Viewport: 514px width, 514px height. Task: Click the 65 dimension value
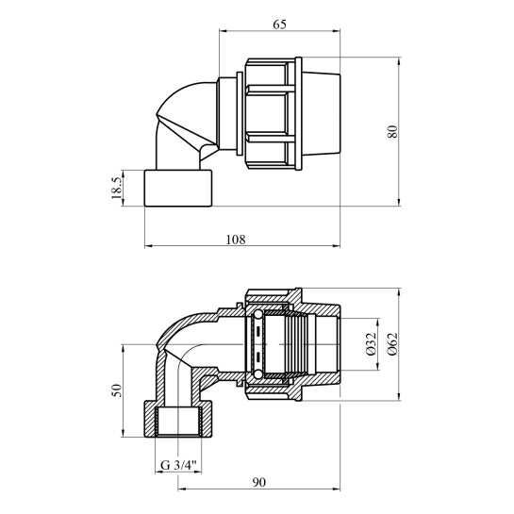(279, 25)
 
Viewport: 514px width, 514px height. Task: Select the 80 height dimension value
(392, 131)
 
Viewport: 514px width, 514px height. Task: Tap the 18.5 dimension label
(117, 188)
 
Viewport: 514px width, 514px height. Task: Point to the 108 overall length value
(236, 240)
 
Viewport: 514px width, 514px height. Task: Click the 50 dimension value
(117, 390)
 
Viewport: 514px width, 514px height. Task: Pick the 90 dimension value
(258, 482)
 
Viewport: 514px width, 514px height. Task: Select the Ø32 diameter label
(371, 344)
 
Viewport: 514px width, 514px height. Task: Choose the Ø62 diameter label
(392, 344)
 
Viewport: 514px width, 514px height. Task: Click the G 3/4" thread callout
(178, 465)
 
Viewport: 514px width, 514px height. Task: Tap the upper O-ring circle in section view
(258, 315)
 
